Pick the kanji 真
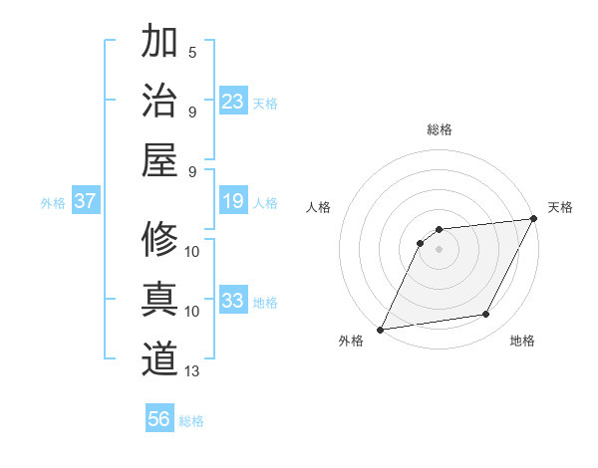pos(159,299)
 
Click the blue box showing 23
pos(233,101)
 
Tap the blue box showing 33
pos(233,301)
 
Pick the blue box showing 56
pos(159,419)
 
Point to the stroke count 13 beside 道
pos(192,371)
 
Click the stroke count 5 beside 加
pos(192,51)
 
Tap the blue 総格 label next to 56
pos(191,421)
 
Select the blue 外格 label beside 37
pos(53,203)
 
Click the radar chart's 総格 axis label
pos(439,129)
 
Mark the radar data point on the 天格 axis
pos(534,218)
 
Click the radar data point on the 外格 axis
pos(380,329)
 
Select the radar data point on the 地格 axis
pos(486,315)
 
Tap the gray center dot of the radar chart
pos(439,249)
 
